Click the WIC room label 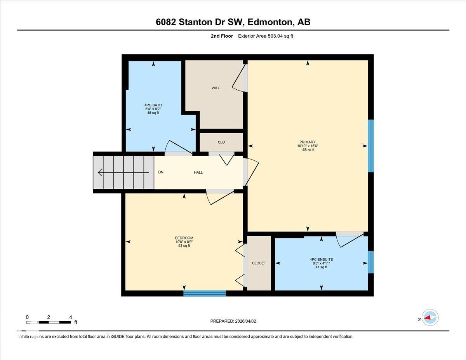(x=215, y=88)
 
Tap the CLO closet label (x=221, y=142)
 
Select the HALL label (x=198, y=172)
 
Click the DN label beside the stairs (x=161, y=172)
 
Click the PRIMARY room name (x=307, y=142)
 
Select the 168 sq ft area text (x=307, y=150)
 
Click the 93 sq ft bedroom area (x=184, y=245)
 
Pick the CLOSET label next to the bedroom (x=259, y=263)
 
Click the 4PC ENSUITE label (x=321, y=259)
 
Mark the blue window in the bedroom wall (x=204, y=293)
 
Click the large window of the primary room (x=370, y=146)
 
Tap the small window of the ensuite (x=370, y=262)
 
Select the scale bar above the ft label (x=49, y=322)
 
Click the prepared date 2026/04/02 (x=233, y=321)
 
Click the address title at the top (x=233, y=22)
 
